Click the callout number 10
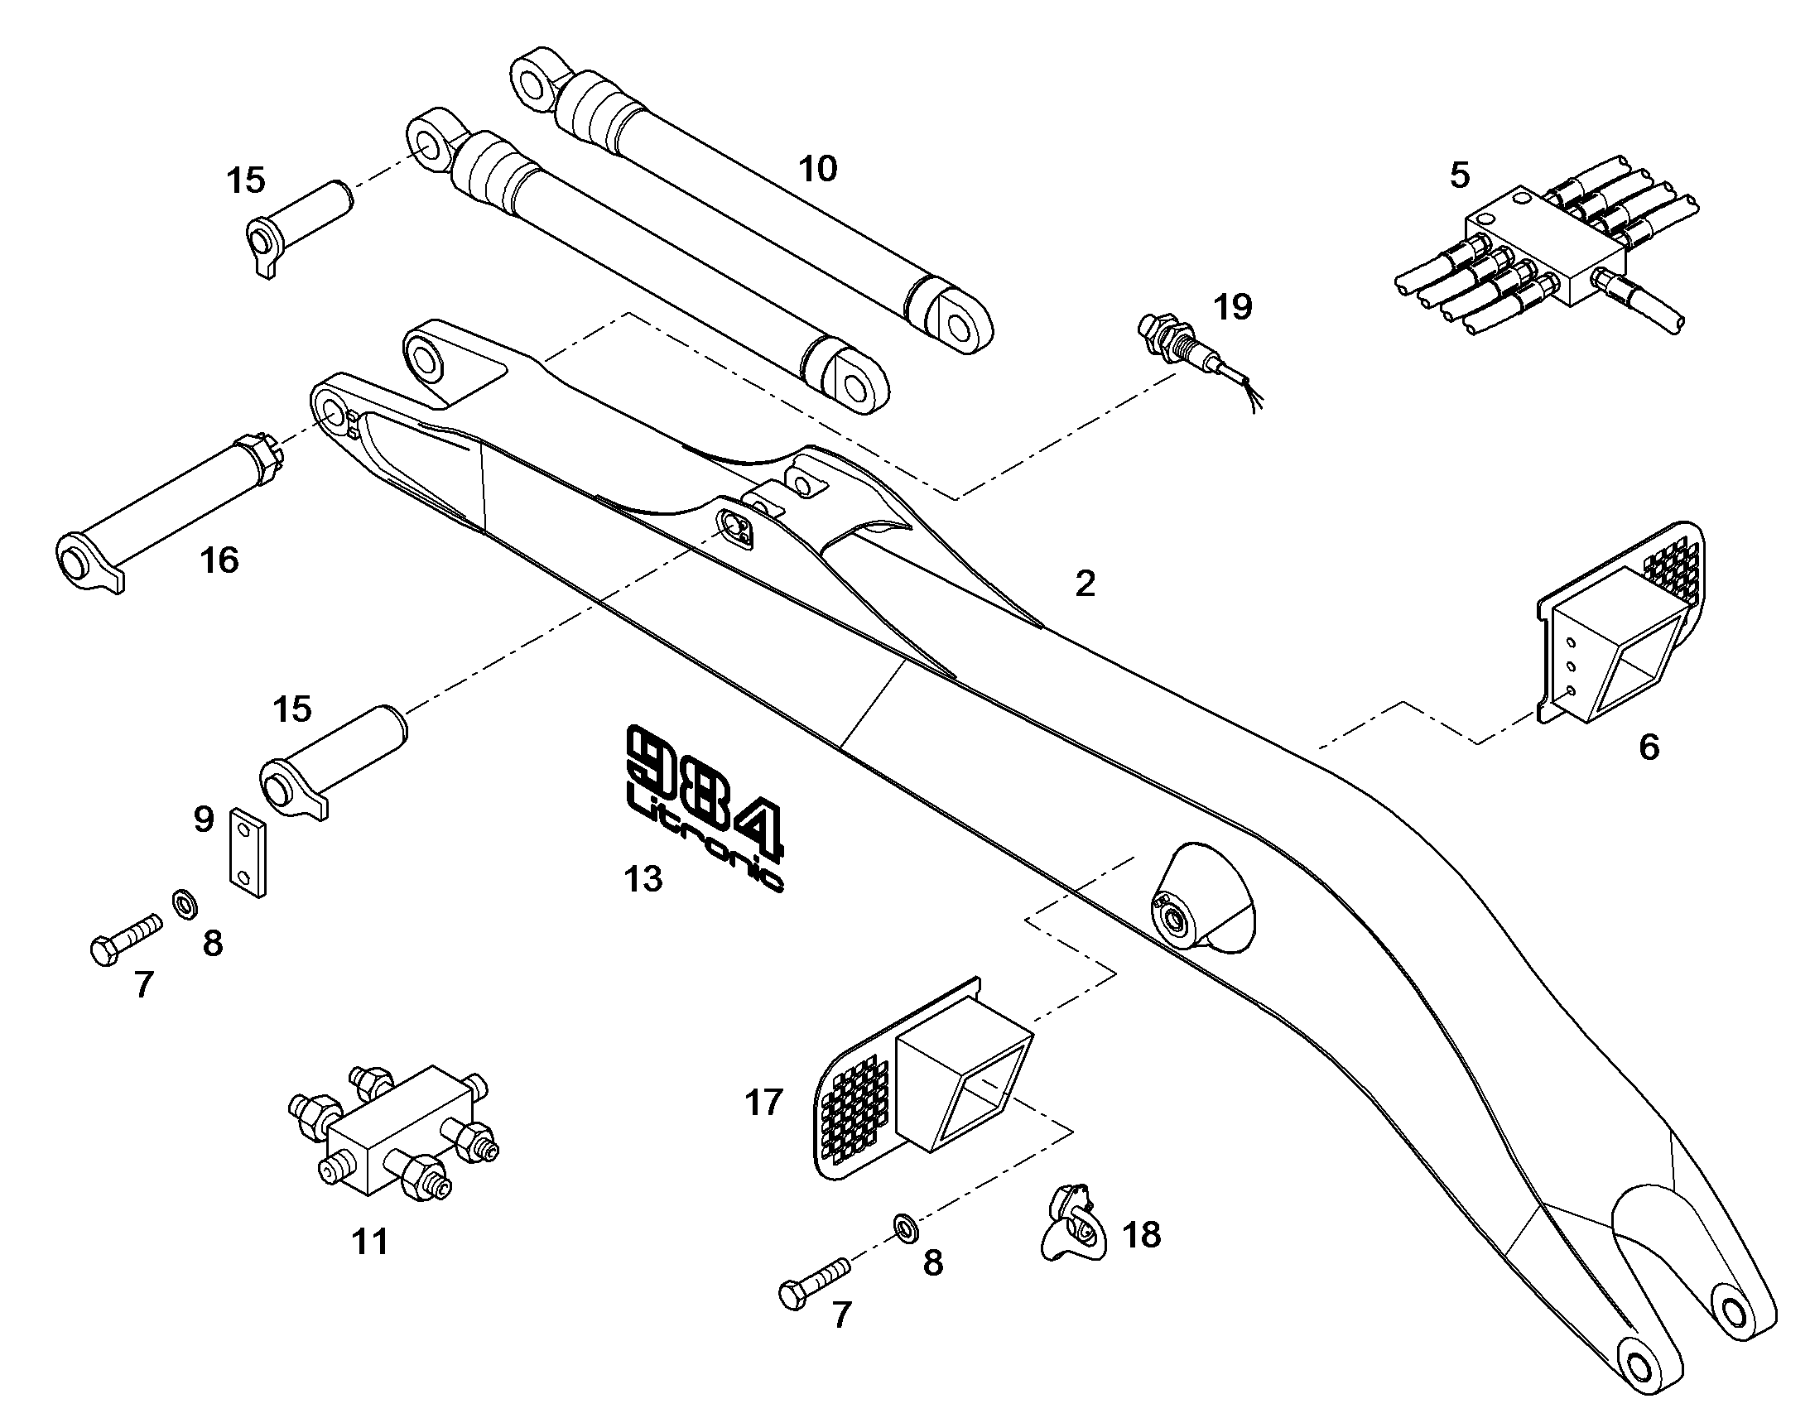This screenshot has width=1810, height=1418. pyautogui.click(x=818, y=169)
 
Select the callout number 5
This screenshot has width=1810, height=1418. pyautogui.click(x=1460, y=175)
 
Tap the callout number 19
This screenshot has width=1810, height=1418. pyautogui.click(x=1233, y=307)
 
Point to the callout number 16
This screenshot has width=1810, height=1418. pyautogui.click(x=219, y=560)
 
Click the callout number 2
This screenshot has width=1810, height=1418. pyautogui.click(x=1086, y=584)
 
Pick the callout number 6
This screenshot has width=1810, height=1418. pyautogui.click(x=1649, y=747)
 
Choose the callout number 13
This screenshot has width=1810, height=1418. pyautogui.click(x=643, y=878)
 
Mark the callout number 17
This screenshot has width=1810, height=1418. pyautogui.click(x=764, y=1103)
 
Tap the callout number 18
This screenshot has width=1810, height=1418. pyautogui.click(x=1142, y=1234)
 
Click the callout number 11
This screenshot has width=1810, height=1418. pyautogui.click(x=370, y=1243)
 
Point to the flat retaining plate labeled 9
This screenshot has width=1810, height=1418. pyautogui.click(x=248, y=853)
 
